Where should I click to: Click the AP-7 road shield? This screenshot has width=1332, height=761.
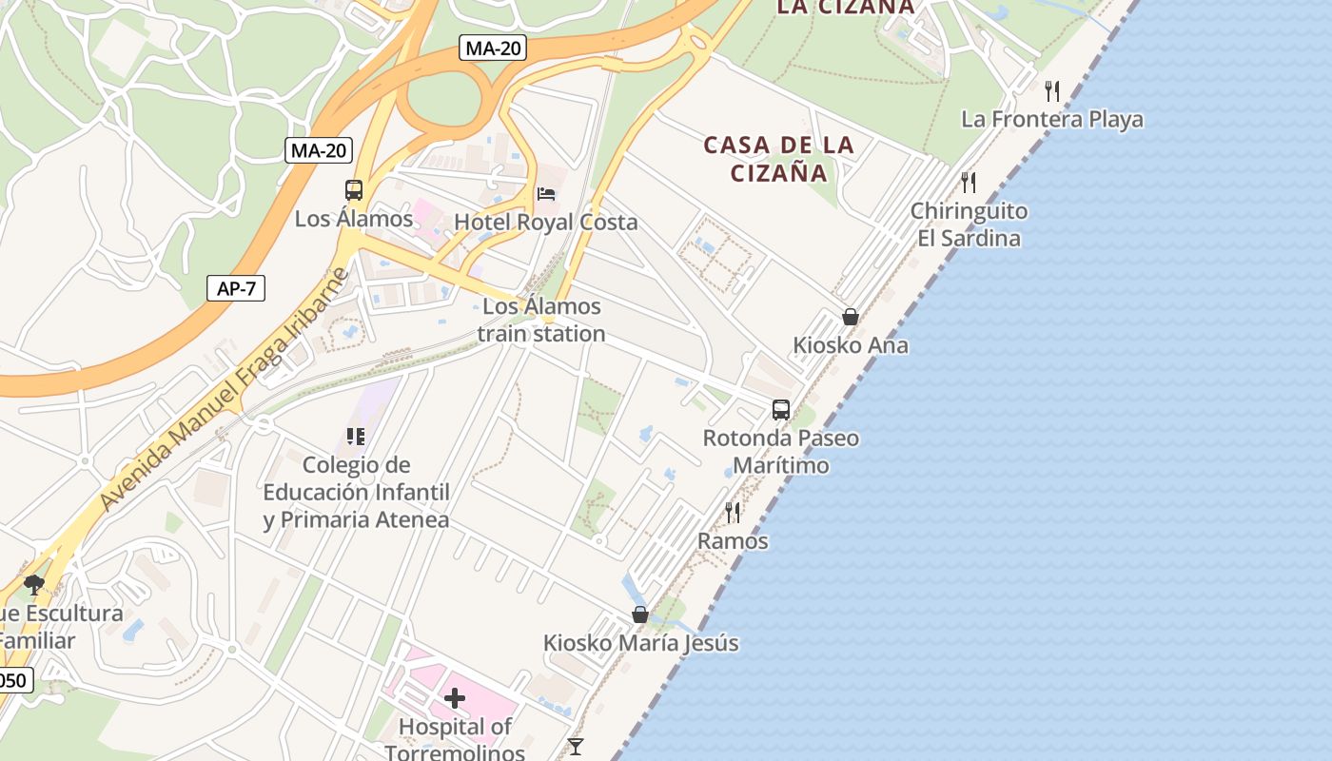tap(236, 289)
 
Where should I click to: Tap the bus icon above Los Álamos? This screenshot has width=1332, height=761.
tap(354, 190)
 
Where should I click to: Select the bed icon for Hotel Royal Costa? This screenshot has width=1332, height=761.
tap(546, 194)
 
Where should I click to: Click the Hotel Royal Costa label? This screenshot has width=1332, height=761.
tap(546, 222)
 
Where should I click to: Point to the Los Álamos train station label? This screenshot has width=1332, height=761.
tap(541, 320)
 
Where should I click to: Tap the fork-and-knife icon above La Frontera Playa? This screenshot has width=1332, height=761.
tap(1052, 91)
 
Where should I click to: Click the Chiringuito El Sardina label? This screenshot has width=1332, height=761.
tap(969, 224)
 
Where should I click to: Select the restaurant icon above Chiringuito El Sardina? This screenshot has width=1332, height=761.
tap(969, 183)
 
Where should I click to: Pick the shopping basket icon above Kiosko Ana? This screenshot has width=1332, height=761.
tap(851, 317)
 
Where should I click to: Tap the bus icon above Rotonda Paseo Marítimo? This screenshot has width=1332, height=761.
tap(781, 410)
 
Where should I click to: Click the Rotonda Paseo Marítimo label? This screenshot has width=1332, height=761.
tap(780, 452)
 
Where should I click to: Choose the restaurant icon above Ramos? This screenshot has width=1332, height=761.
tap(733, 513)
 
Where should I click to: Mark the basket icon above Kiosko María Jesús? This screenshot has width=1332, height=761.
tap(640, 615)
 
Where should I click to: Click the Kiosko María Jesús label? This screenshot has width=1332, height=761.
tap(640, 643)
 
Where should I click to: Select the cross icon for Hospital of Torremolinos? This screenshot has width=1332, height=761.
tap(455, 699)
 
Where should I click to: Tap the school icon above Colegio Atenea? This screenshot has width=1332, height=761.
tap(356, 437)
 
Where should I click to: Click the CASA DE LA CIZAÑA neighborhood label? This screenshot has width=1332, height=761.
tap(779, 159)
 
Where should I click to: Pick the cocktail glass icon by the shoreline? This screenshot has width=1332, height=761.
tap(576, 747)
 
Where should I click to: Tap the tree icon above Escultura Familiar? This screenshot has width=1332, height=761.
tap(34, 585)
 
